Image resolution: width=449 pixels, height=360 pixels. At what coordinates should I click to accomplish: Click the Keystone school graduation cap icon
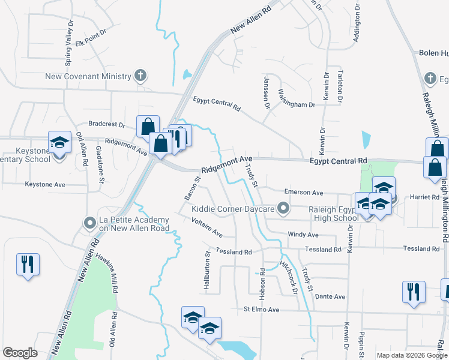pos(59,143)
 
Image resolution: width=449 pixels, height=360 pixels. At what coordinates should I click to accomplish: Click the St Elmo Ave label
pos(262,310)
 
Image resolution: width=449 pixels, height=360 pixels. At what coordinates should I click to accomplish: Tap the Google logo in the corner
pos(20,353)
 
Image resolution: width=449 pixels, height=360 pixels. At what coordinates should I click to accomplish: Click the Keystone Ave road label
pos(45,184)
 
